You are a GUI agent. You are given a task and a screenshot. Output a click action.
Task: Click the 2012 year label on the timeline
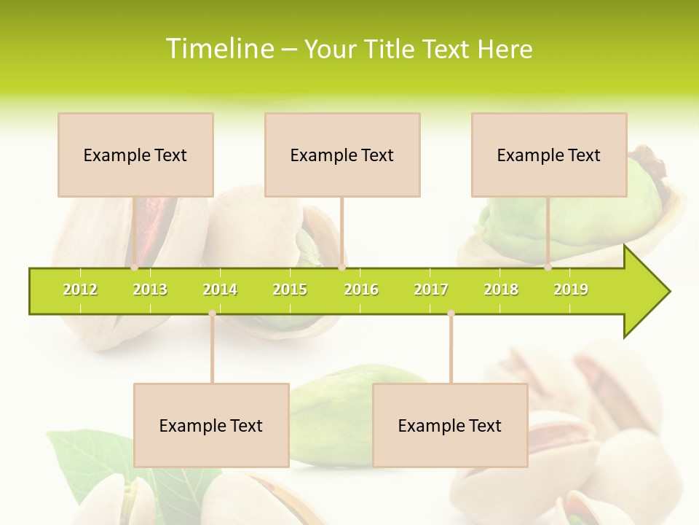click(80, 289)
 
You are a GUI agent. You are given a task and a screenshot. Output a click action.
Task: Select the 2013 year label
click(150, 289)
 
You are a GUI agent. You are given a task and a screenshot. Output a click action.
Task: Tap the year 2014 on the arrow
click(220, 289)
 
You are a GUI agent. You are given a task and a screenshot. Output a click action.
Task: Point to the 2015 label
click(290, 289)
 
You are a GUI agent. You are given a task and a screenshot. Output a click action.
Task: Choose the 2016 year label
click(361, 289)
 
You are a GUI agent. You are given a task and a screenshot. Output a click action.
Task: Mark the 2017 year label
click(431, 289)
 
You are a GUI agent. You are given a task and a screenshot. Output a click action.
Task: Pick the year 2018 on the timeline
click(501, 289)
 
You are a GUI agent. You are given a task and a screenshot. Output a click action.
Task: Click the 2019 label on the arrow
click(571, 289)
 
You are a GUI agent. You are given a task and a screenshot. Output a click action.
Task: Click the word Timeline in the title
click(218, 49)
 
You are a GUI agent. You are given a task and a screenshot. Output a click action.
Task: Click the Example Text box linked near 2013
click(135, 155)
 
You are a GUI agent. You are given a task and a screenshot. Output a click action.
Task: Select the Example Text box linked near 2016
click(342, 155)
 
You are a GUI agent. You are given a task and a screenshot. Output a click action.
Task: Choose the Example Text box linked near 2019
click(549, 155)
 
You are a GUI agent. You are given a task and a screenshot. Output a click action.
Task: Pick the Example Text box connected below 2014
click(211, 425)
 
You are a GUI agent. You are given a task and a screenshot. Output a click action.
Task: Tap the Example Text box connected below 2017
click(450, 425)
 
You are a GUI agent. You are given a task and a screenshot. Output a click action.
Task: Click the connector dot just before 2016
click(341, 268)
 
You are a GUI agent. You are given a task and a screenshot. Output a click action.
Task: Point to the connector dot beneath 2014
click(212, 314)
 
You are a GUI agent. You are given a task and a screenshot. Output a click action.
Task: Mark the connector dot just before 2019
click(548, 268)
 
